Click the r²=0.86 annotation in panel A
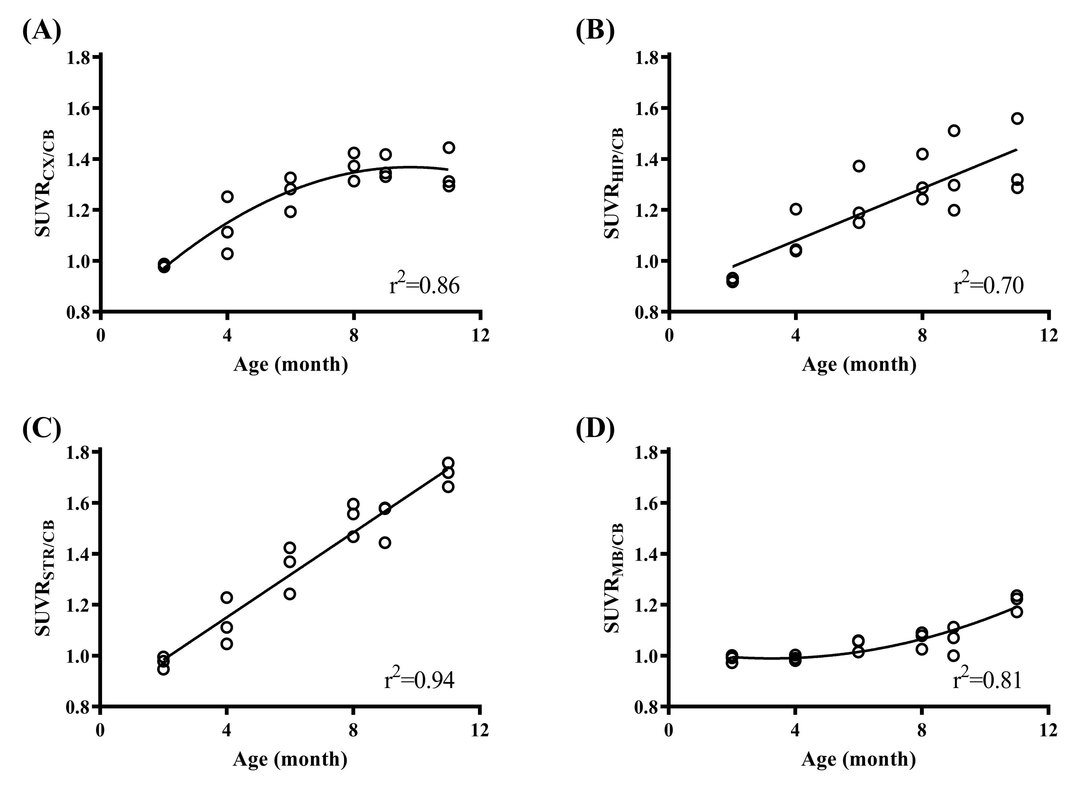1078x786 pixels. coord(424,286)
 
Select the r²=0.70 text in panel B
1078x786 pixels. coord(988,286)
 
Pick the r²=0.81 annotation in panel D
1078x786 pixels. coord(987,680)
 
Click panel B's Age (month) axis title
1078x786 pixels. coord(859,365)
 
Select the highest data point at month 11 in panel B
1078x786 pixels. coord(1017,119)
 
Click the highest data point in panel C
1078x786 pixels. coord(448,463)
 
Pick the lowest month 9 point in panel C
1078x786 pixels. coord(385,542)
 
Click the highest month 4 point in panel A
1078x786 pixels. coord(227,197)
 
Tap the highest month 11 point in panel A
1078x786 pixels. coord(449,148)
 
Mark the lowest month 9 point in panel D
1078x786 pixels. coord(953,656)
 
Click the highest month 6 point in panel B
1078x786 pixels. coord(859,166)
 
